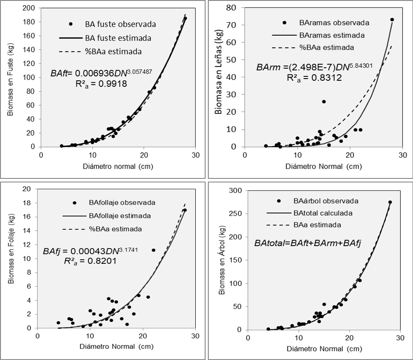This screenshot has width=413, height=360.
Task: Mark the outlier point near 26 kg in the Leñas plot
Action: pos(324,102)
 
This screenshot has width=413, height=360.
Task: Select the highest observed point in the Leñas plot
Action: pos(392,20)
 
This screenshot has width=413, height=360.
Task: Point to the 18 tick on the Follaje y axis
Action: pos(30,203)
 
